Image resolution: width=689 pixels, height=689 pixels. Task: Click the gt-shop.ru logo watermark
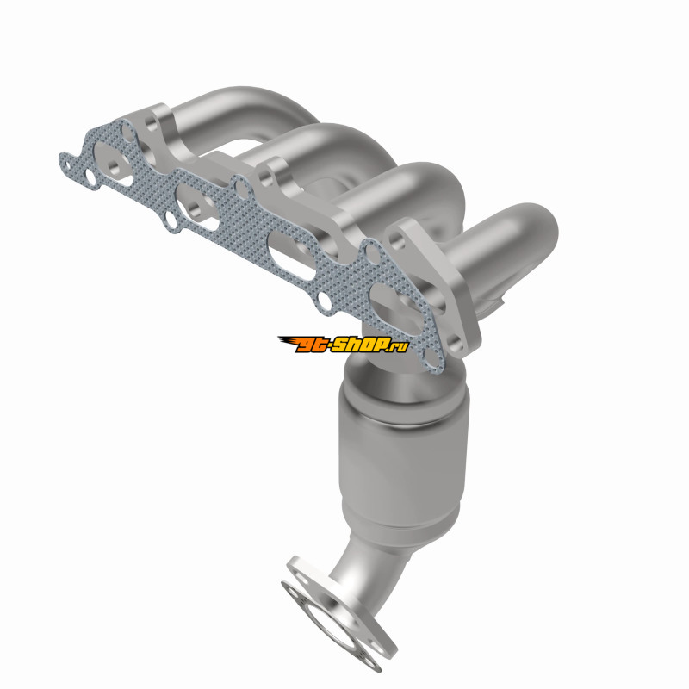tap(343, 345)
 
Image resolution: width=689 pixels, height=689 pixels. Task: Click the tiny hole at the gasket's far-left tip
tap(67, 165)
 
